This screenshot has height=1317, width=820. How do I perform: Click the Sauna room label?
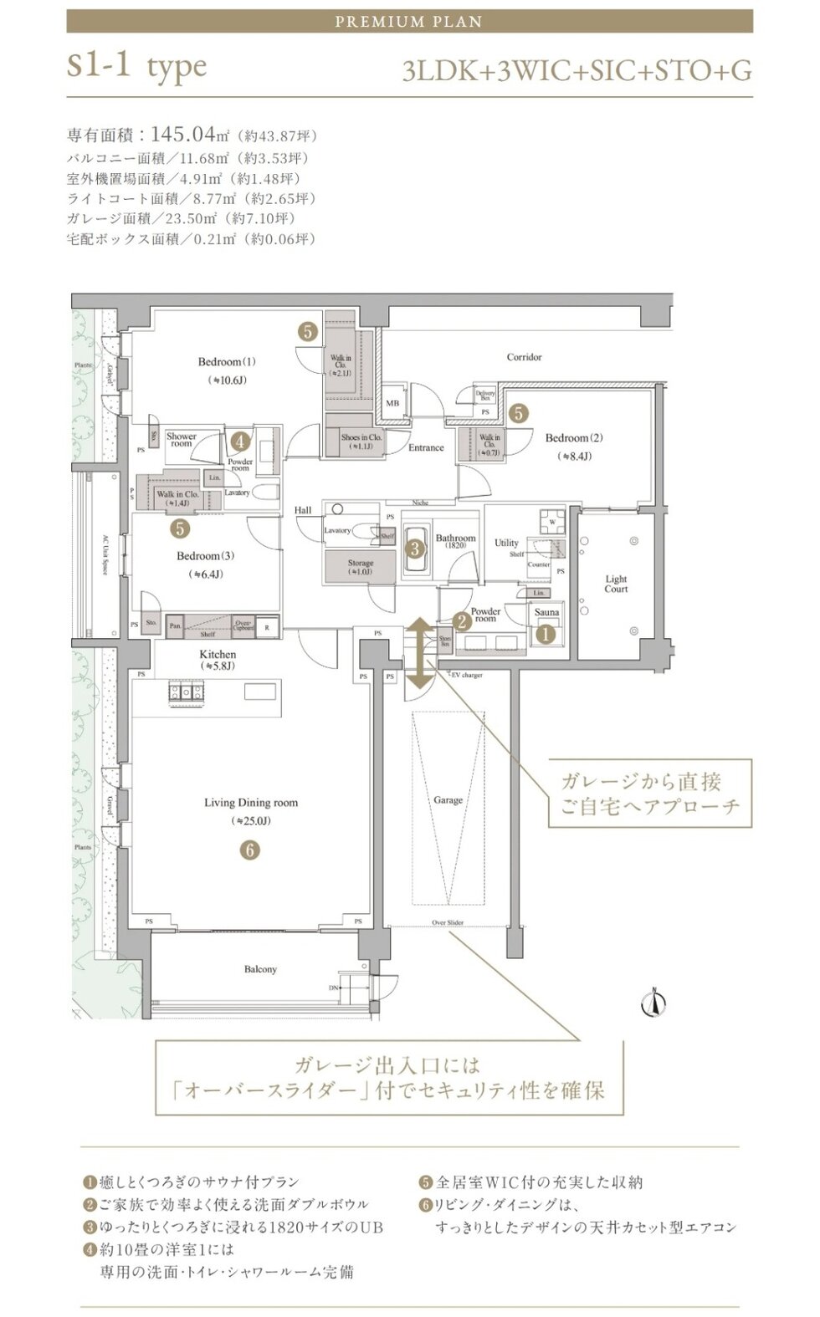546,612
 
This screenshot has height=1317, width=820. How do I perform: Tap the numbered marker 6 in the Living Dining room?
249,850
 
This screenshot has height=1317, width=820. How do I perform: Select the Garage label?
448,800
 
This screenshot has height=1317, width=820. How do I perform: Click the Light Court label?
616,584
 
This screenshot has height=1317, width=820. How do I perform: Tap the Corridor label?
524,357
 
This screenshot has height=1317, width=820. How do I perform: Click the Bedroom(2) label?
574,438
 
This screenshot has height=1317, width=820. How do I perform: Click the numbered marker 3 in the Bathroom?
415,549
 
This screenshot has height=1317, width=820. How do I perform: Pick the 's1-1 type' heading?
136,68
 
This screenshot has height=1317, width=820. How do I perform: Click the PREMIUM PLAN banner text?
409,22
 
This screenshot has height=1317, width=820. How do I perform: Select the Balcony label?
260,969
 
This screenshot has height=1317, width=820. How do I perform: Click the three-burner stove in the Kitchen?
186,692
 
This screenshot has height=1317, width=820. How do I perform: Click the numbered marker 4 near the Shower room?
240,441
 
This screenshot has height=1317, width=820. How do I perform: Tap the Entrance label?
426,447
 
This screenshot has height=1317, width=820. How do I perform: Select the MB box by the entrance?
392,403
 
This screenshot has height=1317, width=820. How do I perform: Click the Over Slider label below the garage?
448,922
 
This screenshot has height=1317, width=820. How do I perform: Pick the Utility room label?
506,543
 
